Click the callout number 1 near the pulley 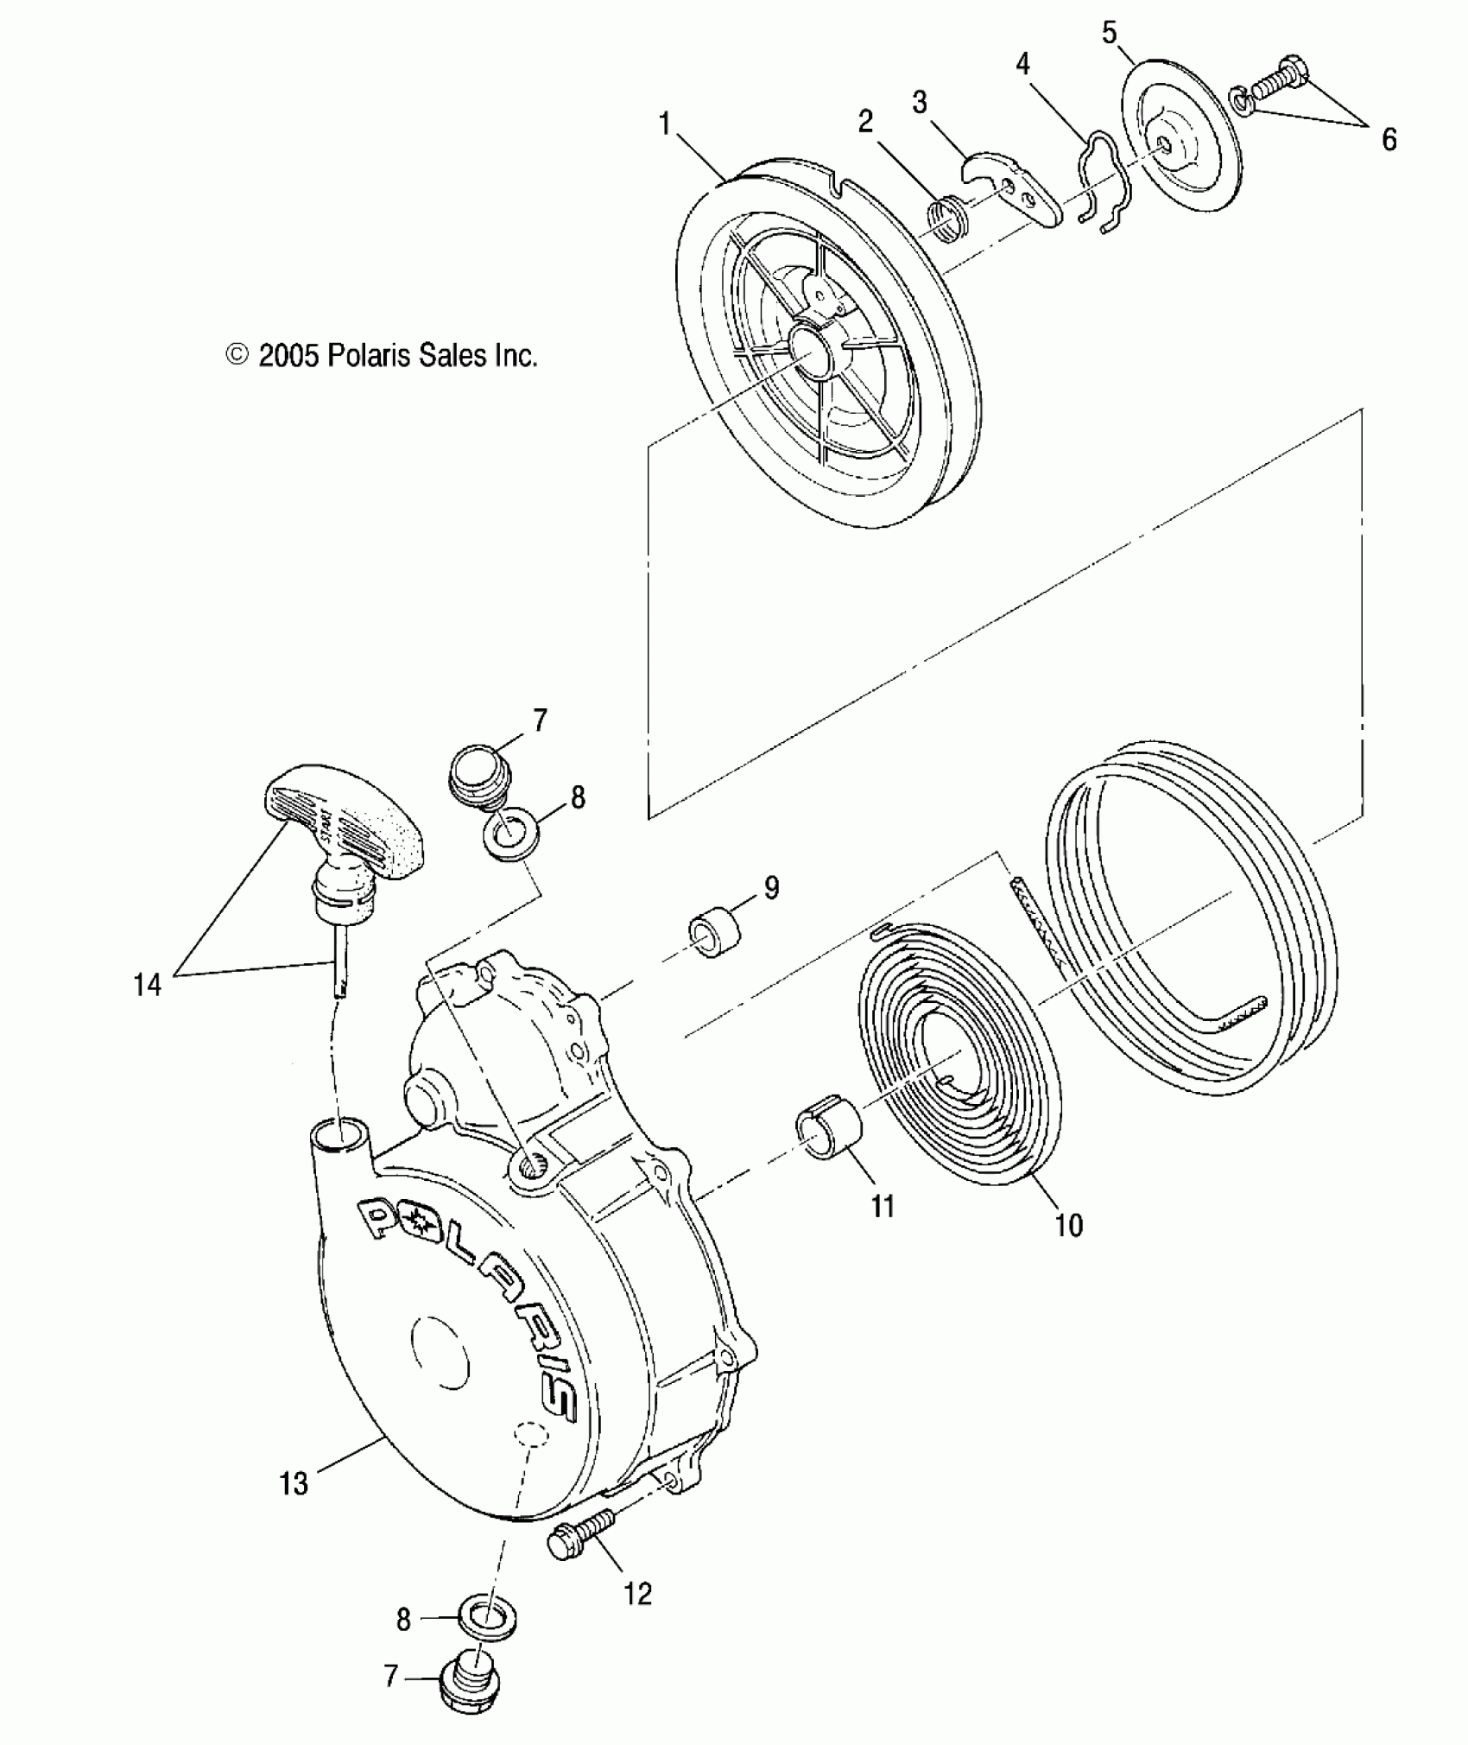click(665, 124)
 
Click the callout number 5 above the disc click(1110, 34)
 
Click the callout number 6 click(1389, 139)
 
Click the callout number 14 click(147, 984)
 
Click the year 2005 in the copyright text click(289, 355)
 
